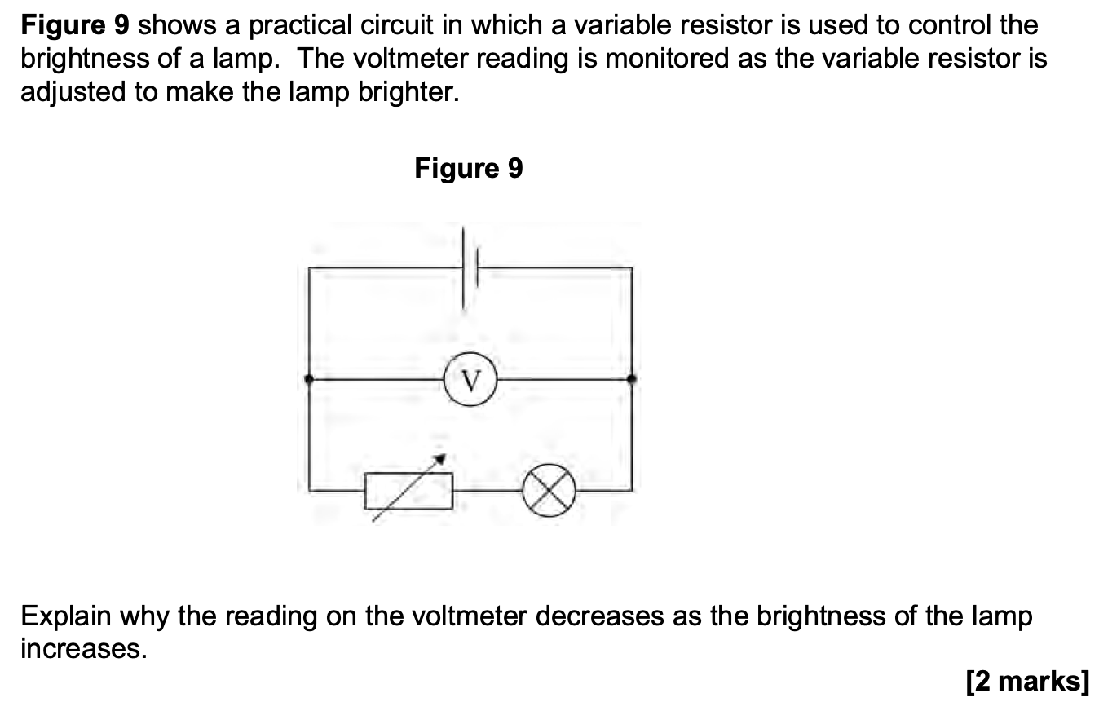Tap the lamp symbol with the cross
(549, 492)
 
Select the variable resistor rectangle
(409, 491)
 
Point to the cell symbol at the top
(469, 267)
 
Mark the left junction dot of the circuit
(308, 379)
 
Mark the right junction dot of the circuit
(631, 379)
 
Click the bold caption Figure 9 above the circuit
(469, 169)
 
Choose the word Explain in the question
(65, 616)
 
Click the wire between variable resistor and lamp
(488, 492)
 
